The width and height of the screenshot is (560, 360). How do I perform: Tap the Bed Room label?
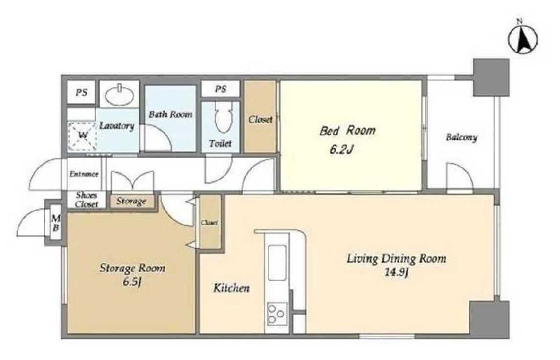347,131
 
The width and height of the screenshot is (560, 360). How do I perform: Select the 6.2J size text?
341,149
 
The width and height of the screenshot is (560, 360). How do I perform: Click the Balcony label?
461,137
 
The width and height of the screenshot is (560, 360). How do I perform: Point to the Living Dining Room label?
397,258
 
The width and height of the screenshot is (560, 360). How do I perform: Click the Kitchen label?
231,288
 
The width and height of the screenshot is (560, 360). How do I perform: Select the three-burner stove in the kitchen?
277,314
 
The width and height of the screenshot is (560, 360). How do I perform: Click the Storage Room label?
133,268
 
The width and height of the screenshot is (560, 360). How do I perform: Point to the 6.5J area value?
133,282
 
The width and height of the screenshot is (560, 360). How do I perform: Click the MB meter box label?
55,223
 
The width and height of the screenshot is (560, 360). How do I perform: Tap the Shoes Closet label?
87,200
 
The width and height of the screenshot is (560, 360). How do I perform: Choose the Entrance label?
84,174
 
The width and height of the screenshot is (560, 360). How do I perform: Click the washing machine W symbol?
83,135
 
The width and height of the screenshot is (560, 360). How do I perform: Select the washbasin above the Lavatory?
120,94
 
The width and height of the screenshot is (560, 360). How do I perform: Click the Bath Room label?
170,114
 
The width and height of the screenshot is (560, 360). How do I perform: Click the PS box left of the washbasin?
81,93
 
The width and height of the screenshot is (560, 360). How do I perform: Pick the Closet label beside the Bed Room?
260,120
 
